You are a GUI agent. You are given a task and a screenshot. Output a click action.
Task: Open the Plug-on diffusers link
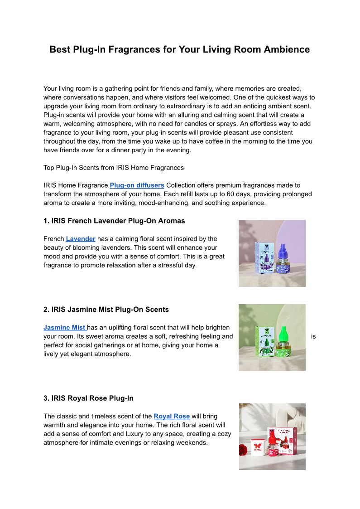(x=137, y=185)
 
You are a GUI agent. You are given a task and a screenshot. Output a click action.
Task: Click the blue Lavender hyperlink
(x=81, y=239)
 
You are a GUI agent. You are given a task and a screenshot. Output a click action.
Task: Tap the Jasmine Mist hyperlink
(x=65, y=328)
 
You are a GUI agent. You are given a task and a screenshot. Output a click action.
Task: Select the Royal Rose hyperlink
(x=172, y=416)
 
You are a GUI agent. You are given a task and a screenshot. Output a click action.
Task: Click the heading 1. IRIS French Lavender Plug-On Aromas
(x=114, y=221)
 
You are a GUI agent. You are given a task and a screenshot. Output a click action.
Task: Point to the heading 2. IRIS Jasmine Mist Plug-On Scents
(x=106, y=310)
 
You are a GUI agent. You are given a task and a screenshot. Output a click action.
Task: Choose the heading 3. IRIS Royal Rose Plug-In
(x=88, y=398)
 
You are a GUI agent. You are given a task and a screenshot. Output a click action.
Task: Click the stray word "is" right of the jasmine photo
(x=313, y=337)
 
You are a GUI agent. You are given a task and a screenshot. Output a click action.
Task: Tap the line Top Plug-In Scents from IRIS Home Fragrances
(x=114, y=168)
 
